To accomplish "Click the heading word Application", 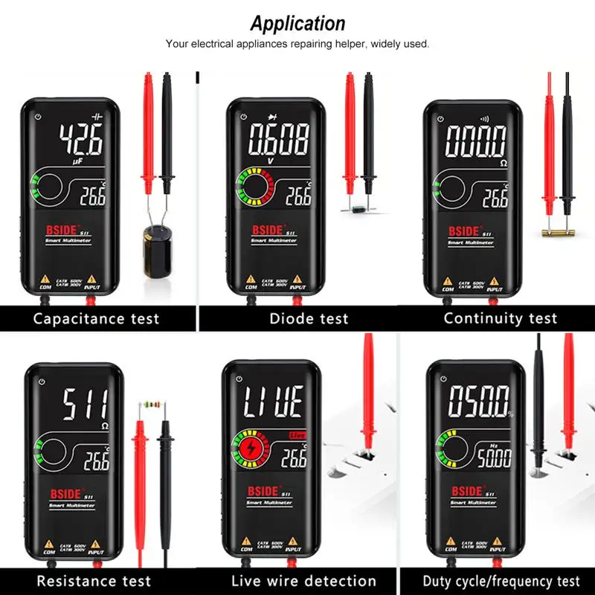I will pyautogui.click(x=297, y=23).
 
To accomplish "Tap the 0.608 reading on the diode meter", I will pyautogui.click(x=279, y=138).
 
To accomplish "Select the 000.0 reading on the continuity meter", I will pyautogui.click(x=476, y=141).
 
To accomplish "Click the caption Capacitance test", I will pyautogui.click(x=96, y=318).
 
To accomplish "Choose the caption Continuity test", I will pyautogui.click(x=500, y=318).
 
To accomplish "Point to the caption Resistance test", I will pyautogui.click(x=94, y=581).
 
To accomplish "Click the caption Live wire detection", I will pyautogui.click(x=303, y=581).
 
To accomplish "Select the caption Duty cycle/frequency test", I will pyautogui.click(x=501, y=581).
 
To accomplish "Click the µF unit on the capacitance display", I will pyautogui.click(x=76, y=160).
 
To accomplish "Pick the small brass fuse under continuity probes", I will pyautogui.click(x=556, y=232).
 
